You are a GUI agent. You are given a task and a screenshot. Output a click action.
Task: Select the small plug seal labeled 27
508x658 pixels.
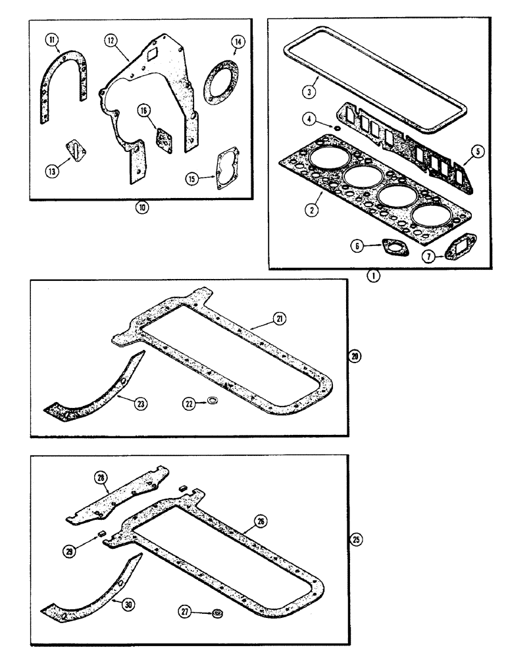coord(216,613)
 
